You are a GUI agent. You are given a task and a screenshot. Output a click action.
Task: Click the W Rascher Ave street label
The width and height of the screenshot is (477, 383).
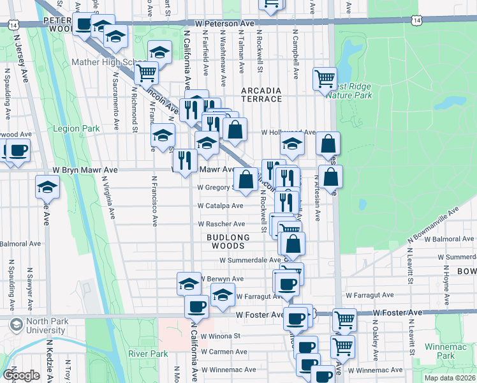(x=221, y=224)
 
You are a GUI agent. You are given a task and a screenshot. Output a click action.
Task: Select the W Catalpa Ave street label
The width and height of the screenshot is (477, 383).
(x=220, y=206)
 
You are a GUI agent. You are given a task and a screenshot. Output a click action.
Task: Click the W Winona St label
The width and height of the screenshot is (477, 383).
(x=219, y=335)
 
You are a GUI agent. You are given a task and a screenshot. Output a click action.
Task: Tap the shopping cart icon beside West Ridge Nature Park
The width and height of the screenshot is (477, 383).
(x=325, y=79)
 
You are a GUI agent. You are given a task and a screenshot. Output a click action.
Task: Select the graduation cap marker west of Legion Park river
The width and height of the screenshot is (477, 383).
(x=47, y=188)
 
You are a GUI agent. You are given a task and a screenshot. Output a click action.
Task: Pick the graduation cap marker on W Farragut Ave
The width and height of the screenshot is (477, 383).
(x=223, y=294)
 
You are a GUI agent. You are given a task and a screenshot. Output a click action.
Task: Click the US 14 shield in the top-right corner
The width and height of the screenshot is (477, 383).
(x=416, y=21)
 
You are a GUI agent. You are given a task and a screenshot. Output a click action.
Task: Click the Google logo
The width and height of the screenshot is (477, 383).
(x=21, y=375)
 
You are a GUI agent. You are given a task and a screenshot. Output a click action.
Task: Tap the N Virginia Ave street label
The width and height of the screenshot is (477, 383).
(x=109, y=197)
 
